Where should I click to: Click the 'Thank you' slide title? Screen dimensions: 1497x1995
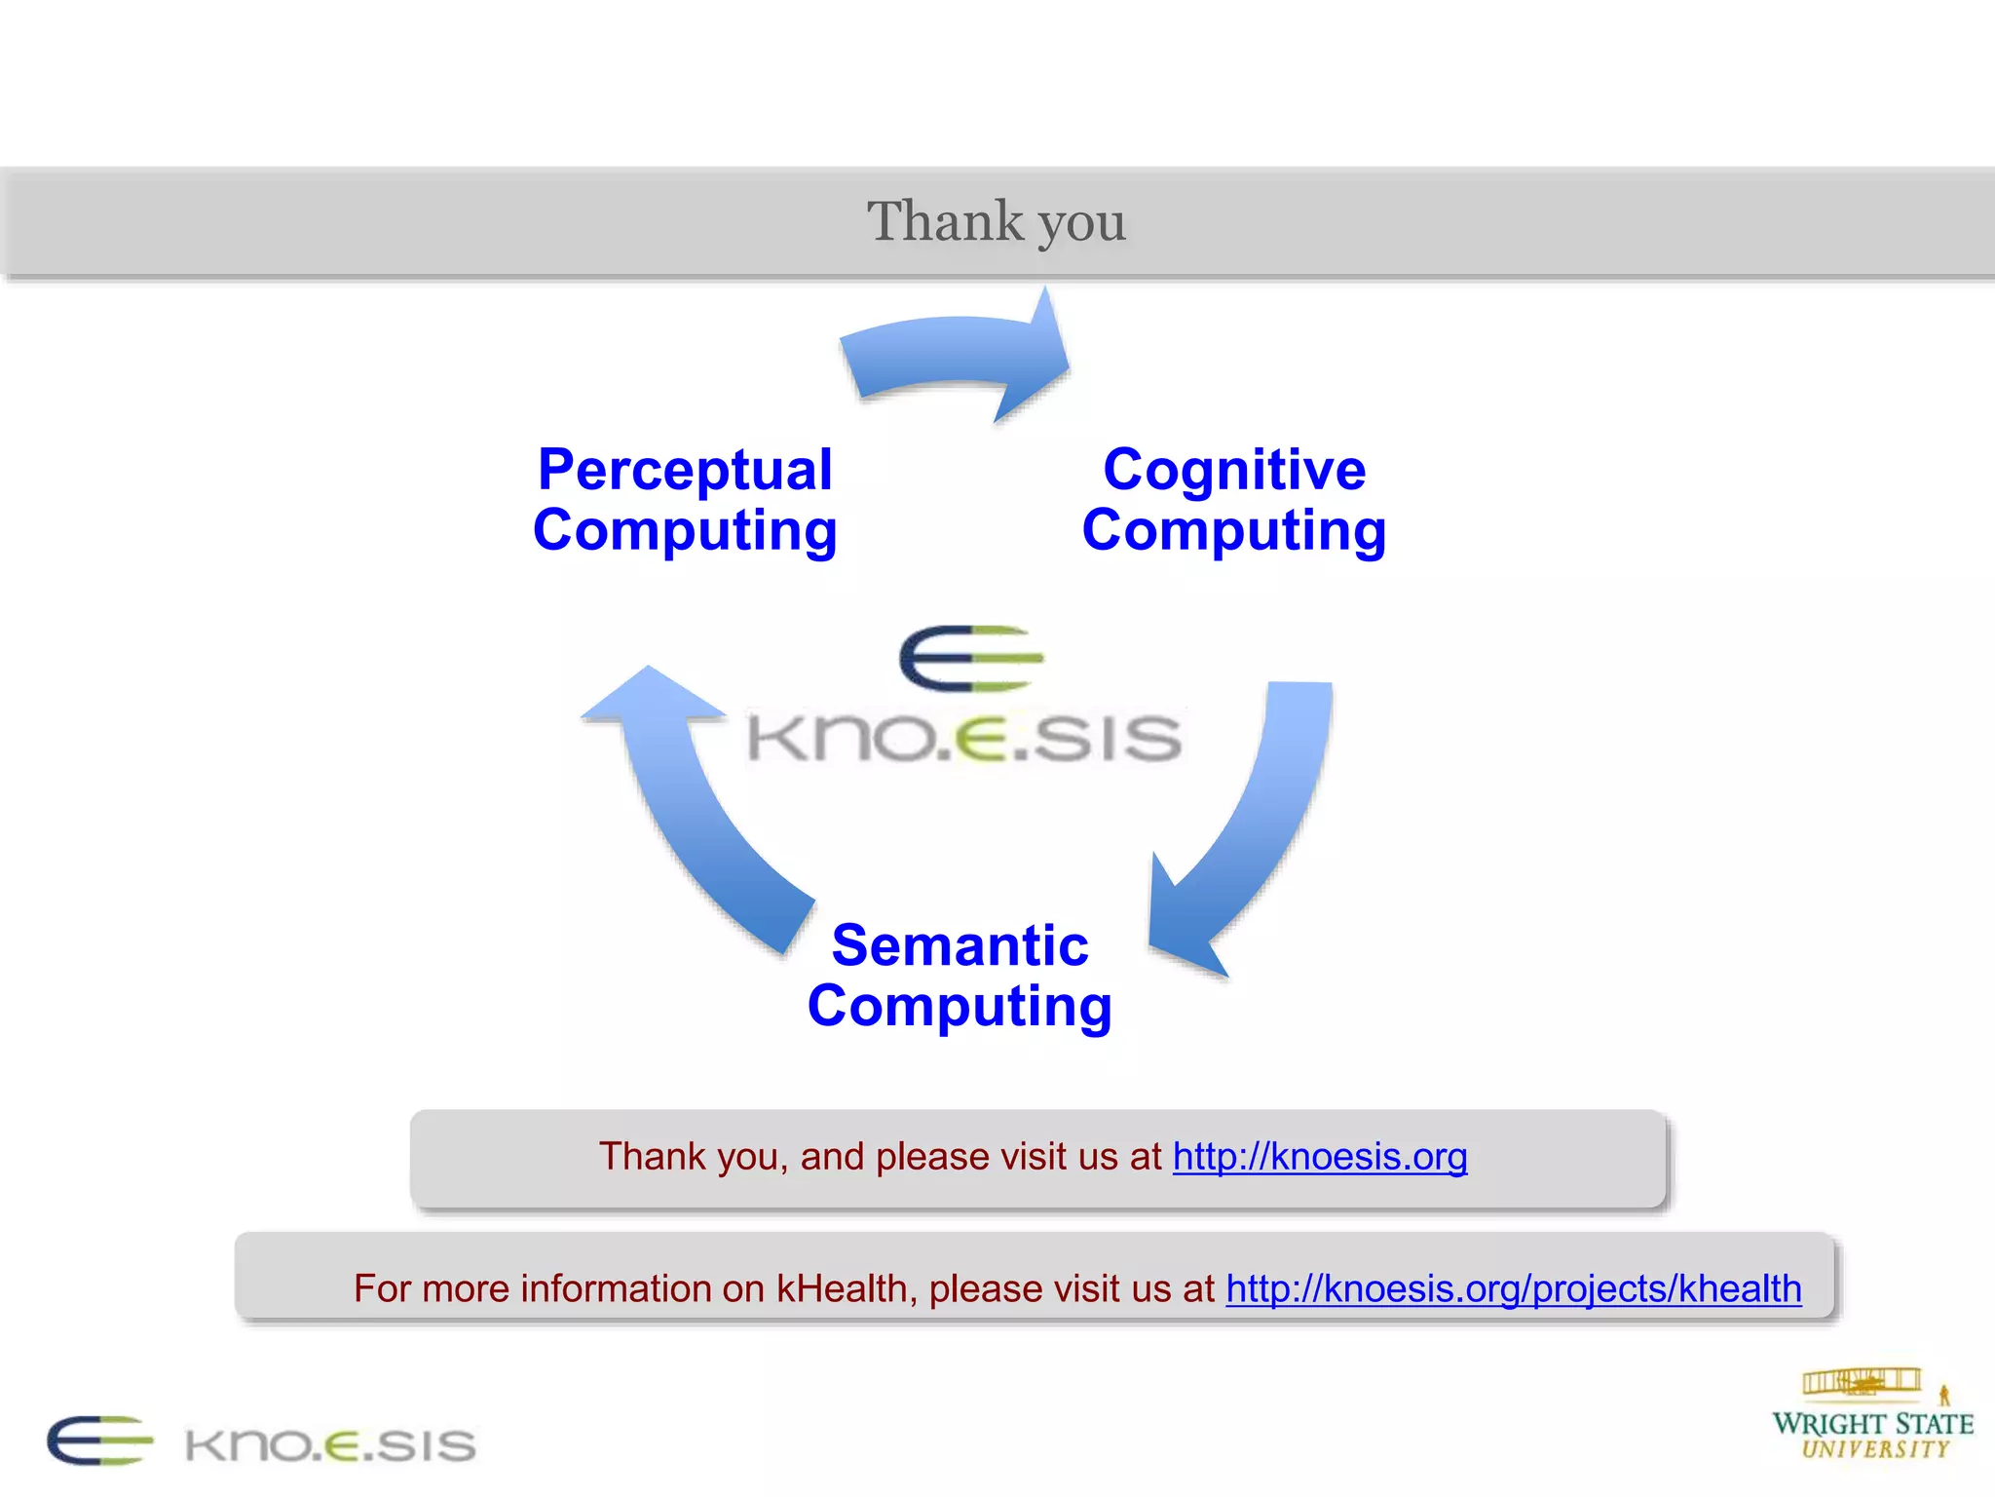[x=997, y=221]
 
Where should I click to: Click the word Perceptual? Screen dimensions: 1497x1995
[x=685, y=470]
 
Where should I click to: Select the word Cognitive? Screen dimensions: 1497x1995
[x=1234, y=470]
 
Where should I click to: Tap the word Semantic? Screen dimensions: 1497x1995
[x=960, y=945]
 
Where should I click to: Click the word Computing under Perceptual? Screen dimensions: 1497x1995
[x=685, y=531]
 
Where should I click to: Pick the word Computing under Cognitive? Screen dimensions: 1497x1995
[x=1234, y=531]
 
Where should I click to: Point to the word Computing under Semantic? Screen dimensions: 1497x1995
[x=960, y=1007]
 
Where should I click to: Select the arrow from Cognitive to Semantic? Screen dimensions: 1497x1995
[x=1257, y=828]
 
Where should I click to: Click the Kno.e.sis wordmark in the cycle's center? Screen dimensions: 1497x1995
[x=964, y=738]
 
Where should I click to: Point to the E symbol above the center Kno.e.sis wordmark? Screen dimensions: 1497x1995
[x=970, y=658]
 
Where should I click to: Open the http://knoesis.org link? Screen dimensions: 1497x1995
[x=1319, y=1157]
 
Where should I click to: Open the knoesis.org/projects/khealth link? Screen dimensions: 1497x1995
[x=1513, y=1288]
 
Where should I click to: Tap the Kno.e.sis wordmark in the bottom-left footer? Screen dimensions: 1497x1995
[x=330, y=1445]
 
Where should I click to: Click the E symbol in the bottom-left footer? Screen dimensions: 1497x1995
[x=99, y=1440]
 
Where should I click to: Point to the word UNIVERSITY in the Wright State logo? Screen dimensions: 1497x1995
[x=1875, y=1450]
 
